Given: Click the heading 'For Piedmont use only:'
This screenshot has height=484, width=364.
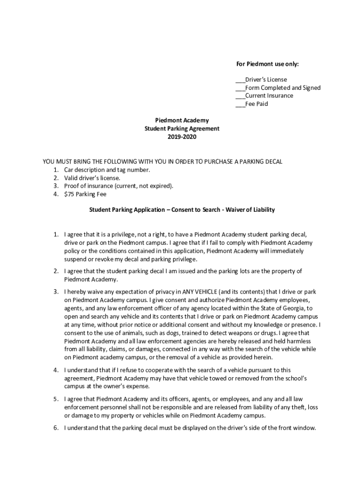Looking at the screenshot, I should (267, 64).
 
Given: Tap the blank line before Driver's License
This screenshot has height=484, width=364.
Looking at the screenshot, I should (240, 80).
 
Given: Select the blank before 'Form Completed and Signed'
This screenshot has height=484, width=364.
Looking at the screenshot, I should (240, 88).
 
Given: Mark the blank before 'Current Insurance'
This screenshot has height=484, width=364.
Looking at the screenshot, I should (240, 96).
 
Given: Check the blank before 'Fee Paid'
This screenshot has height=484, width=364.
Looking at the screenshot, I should (240, 104).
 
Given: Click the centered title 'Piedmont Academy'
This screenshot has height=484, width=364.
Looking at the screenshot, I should (182, 121).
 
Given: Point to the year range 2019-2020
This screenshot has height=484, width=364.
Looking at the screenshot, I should (182, 137).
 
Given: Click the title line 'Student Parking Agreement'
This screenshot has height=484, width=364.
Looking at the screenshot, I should (182, 129).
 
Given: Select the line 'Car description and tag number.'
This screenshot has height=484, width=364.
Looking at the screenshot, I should (107, 170).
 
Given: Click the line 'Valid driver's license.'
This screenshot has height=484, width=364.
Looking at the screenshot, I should (92, 178).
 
